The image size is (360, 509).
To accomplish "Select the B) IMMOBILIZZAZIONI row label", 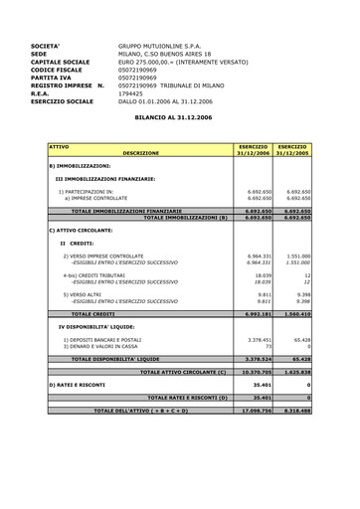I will click(x=85, y=165).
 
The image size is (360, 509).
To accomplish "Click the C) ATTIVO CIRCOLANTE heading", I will click(x=83, y=230).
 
